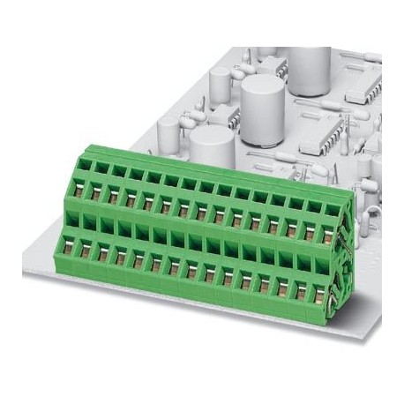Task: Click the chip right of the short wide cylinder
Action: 322,137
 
